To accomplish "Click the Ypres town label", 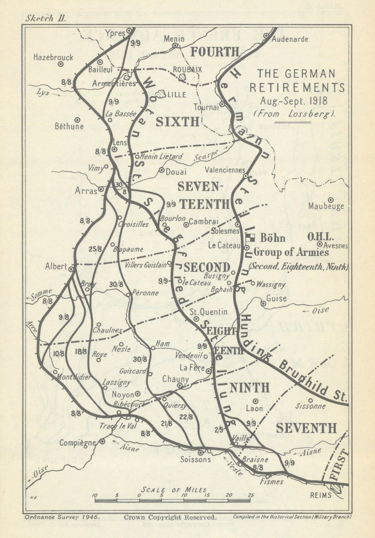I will pyautogui.click(x=115, y=33).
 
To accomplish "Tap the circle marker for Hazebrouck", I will pyautogui.click(x=60, y=64).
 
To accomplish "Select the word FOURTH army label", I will pyautogui.click(x=214, y=52).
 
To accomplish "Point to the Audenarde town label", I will pyautogui.click(x=289, y=39).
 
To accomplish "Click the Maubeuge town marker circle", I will pyautogui.click(x=331, y=200).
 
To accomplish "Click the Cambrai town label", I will pyautogui.click(x=204, y=221).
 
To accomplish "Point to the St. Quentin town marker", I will pyautogui.click(x=196, y=318).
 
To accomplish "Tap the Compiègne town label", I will pyautogui.click(x=77, y=443).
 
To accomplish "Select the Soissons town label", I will pyautogui.click(x=195, y=460).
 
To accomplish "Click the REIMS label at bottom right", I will pyautogui.click(x=321, y=495).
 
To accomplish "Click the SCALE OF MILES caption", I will pyautogui.click(x=174, y=490).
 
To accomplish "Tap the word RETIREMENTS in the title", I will pyautogui.click(x=297, y=88).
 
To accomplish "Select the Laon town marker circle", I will pyautogui.click(x=255, y=401).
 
